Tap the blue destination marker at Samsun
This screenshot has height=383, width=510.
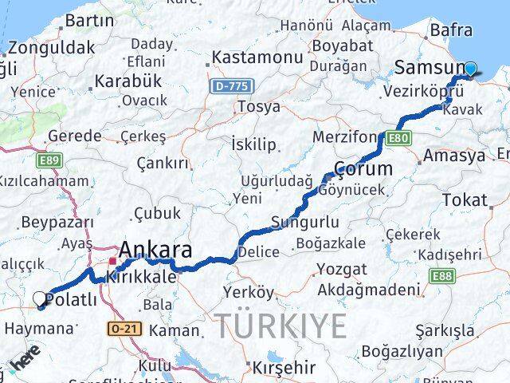tap(471, 69)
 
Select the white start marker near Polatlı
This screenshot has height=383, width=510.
tap(41, 299)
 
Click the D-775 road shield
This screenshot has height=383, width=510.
tap(229, 84)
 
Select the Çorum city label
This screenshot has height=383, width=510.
tap(363, 168)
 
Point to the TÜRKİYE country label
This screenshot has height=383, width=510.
tap(280, 326)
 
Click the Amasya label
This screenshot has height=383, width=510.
tap(455, 156)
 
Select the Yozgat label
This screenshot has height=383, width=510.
tap(343, 269)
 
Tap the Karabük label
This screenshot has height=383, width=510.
tap(128, 81)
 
